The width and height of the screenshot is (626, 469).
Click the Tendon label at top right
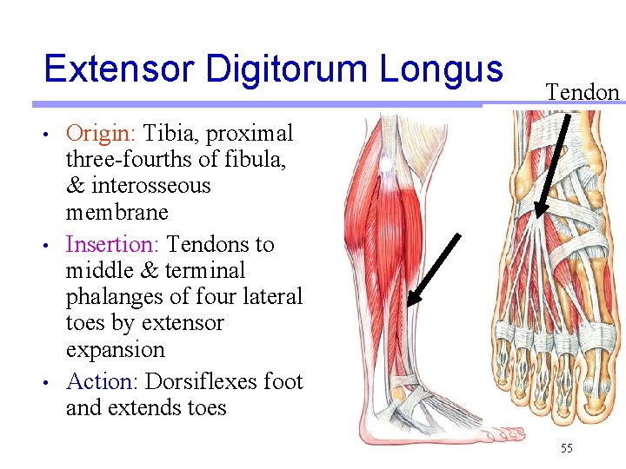pos(583,92)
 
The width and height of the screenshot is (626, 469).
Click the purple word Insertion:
pos(113,244)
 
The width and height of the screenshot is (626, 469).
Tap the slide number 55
pos(567,448)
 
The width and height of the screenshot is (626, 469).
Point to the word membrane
pos(117,212)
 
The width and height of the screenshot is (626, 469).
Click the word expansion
pos(115,349)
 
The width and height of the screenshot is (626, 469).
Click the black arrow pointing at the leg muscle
pos(434,268)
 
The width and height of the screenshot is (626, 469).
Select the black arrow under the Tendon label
pos(555,165)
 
